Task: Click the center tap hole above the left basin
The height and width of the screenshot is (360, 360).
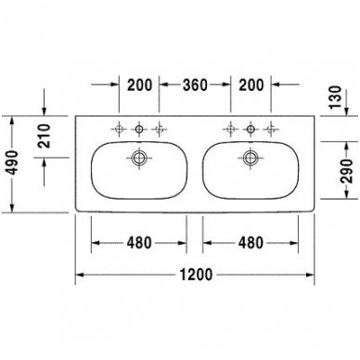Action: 140,127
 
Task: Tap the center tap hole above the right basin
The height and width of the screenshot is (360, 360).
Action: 250,127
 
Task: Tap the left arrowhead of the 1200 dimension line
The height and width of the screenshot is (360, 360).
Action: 80,276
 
